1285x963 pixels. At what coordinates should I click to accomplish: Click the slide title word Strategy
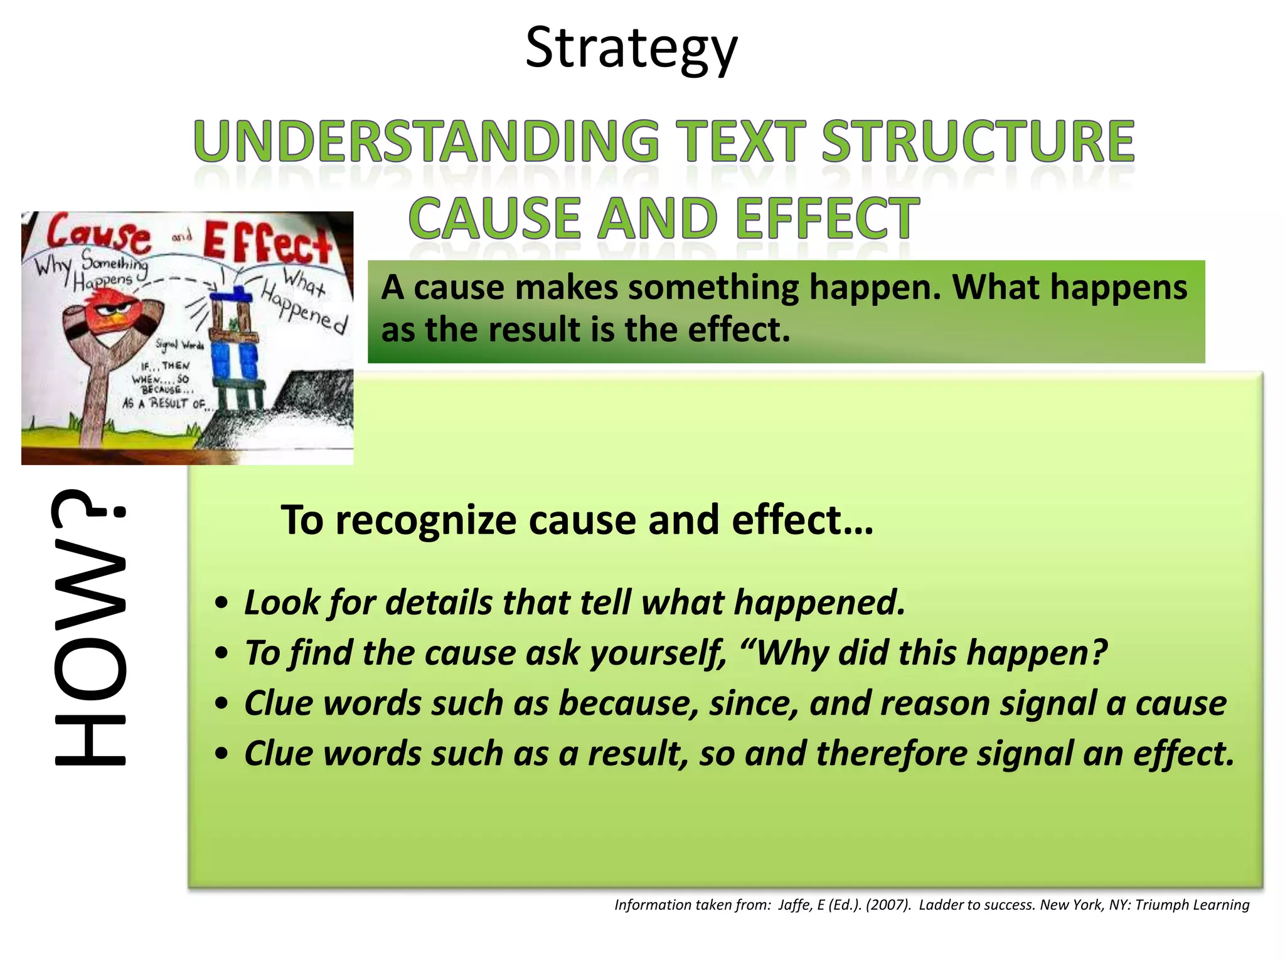coord(631,49)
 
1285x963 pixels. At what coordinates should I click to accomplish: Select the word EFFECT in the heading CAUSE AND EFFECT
coord(827,219)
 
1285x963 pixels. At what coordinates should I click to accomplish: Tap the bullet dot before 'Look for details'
coord(221,604)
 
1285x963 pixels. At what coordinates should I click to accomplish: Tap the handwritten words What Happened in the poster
coord(304,301)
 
